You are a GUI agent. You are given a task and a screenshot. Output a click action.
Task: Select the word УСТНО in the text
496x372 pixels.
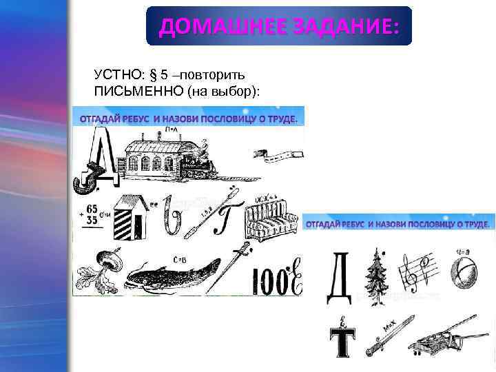pyautogui.click(x=114, y=74)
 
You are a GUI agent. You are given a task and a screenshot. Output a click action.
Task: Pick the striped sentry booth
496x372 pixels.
pyautogui.click(x=129, y=216)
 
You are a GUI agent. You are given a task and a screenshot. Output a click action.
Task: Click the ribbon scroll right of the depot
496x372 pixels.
pyautogui.click(x=276, y=156)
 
